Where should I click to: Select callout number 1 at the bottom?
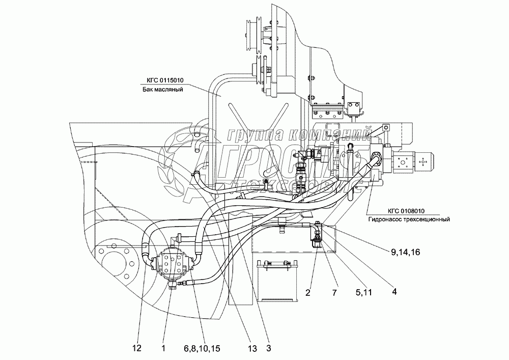(163, 348)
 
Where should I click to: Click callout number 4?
(394, 292)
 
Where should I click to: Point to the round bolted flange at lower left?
(119, 263)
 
